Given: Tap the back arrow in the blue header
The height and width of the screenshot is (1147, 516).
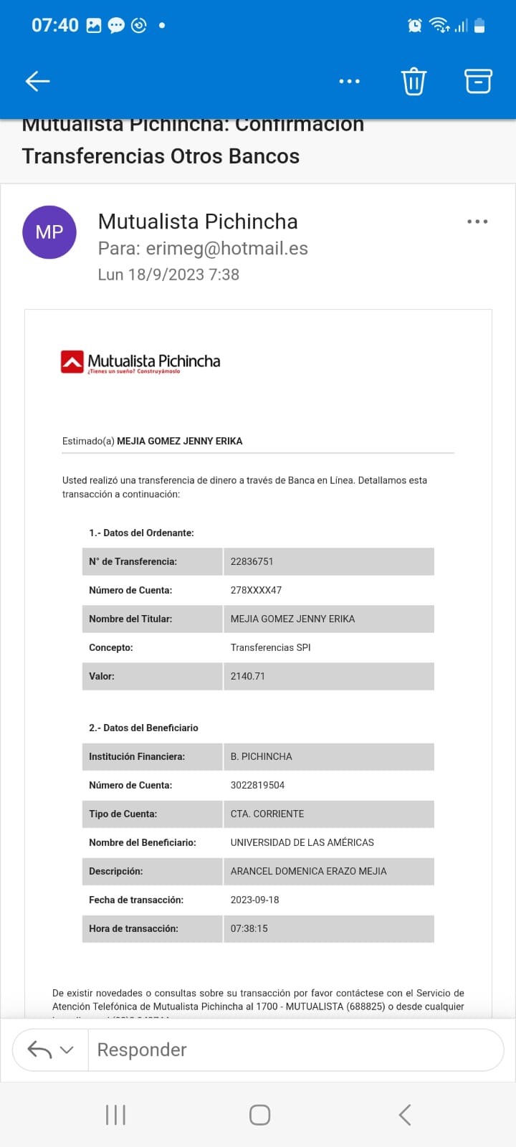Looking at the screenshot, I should [37, 81].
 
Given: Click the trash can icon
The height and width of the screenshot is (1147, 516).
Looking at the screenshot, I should [414, 81].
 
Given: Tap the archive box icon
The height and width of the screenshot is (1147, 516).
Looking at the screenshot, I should [478, 81].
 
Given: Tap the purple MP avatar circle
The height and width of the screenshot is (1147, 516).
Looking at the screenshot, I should [49, 232].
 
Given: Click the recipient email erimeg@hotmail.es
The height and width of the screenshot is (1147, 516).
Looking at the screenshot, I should [226, 249].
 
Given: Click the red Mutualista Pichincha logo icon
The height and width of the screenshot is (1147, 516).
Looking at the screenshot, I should [72, 362].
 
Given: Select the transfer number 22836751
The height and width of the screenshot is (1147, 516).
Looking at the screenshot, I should [252, 562].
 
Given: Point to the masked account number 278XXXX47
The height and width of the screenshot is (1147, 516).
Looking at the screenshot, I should [256, 591].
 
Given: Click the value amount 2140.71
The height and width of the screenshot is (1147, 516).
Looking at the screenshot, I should [248, 677].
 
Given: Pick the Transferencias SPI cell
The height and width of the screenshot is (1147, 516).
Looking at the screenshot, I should [271, 648].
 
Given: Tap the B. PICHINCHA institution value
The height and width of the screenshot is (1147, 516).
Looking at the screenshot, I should [262, 757].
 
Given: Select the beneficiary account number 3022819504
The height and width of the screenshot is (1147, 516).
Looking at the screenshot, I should [258, 786].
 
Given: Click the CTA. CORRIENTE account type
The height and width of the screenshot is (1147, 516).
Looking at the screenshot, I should [267, 814].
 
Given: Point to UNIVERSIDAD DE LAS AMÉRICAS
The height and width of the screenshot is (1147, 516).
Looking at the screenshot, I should [302, 843].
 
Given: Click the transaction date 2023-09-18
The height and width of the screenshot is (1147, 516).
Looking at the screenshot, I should [255, 900].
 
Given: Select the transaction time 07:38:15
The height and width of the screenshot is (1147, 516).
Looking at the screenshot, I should [249, 929].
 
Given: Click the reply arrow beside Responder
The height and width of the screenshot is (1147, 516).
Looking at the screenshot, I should [39, 1050].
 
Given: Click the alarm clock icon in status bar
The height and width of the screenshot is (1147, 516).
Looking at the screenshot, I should [415, 26].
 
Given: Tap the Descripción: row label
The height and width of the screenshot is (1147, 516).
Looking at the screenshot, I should [116, 872].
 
